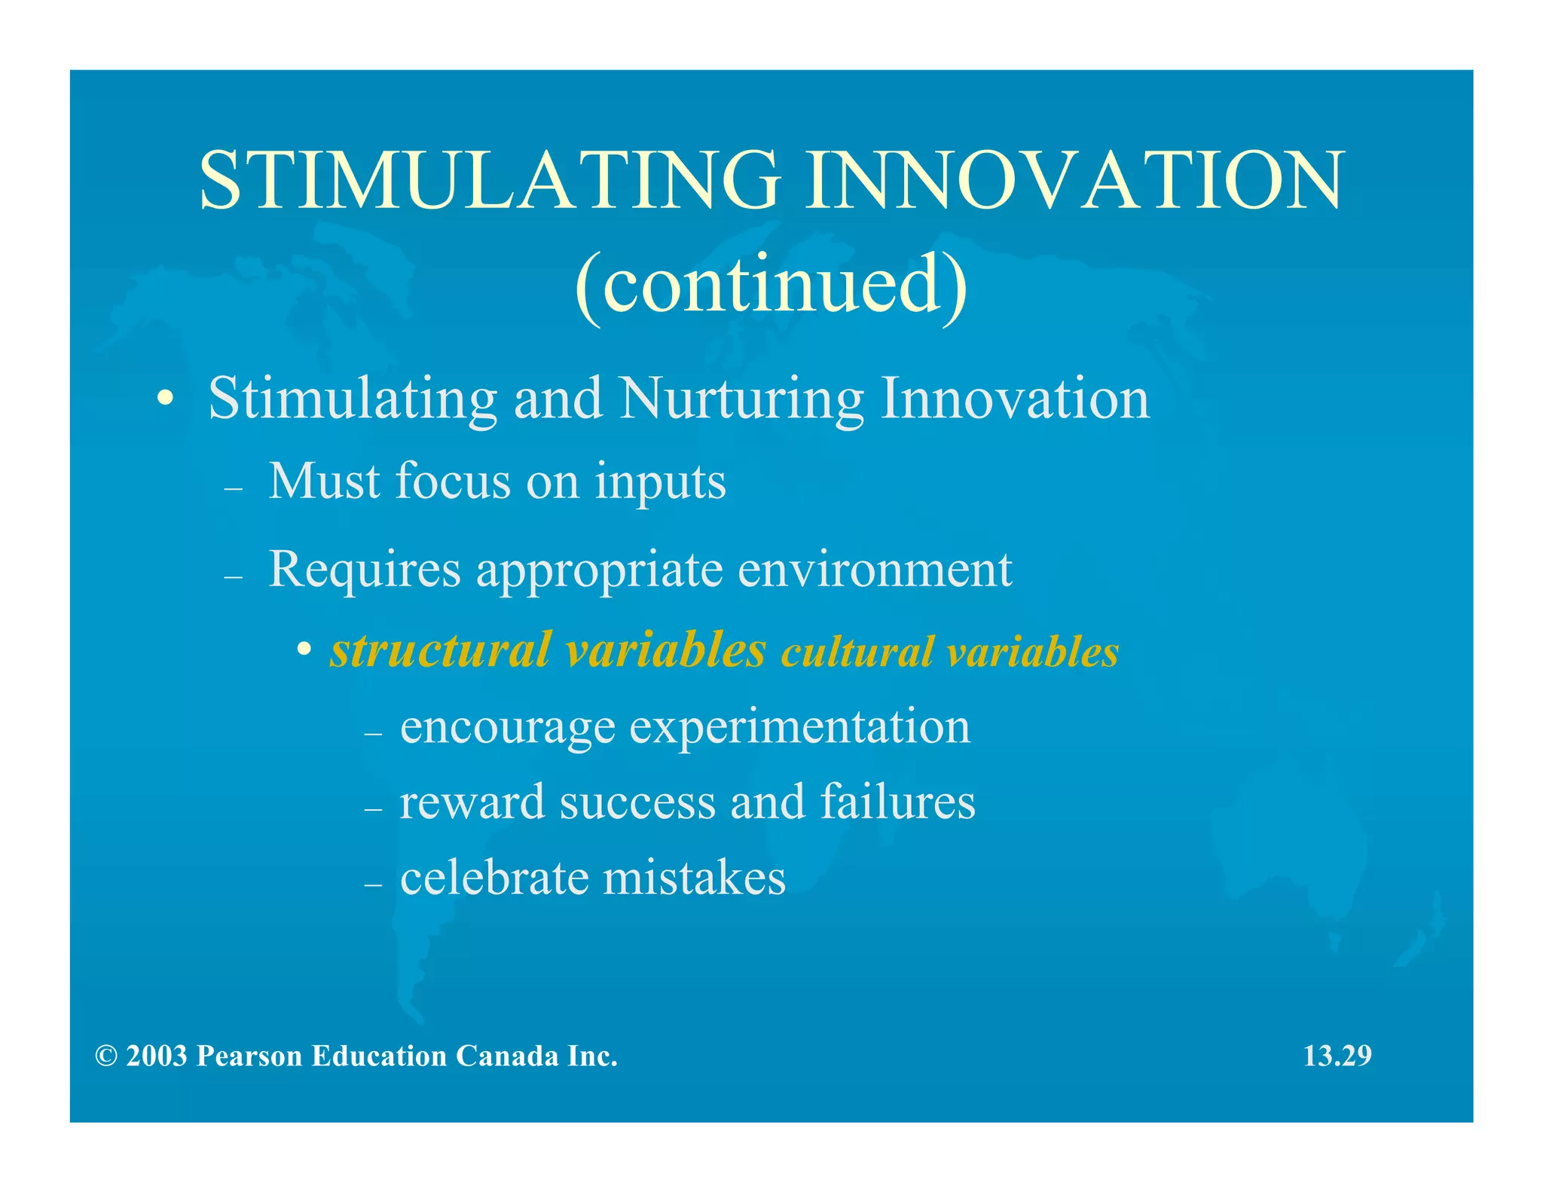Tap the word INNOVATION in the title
1075,181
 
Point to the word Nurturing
741,399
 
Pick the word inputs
660,482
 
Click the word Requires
365,570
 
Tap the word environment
875,570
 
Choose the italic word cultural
857,653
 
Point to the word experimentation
800,728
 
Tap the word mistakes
694,878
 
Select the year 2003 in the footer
157,1056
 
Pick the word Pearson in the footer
249,1056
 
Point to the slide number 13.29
1337,1056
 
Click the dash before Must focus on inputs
234,489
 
